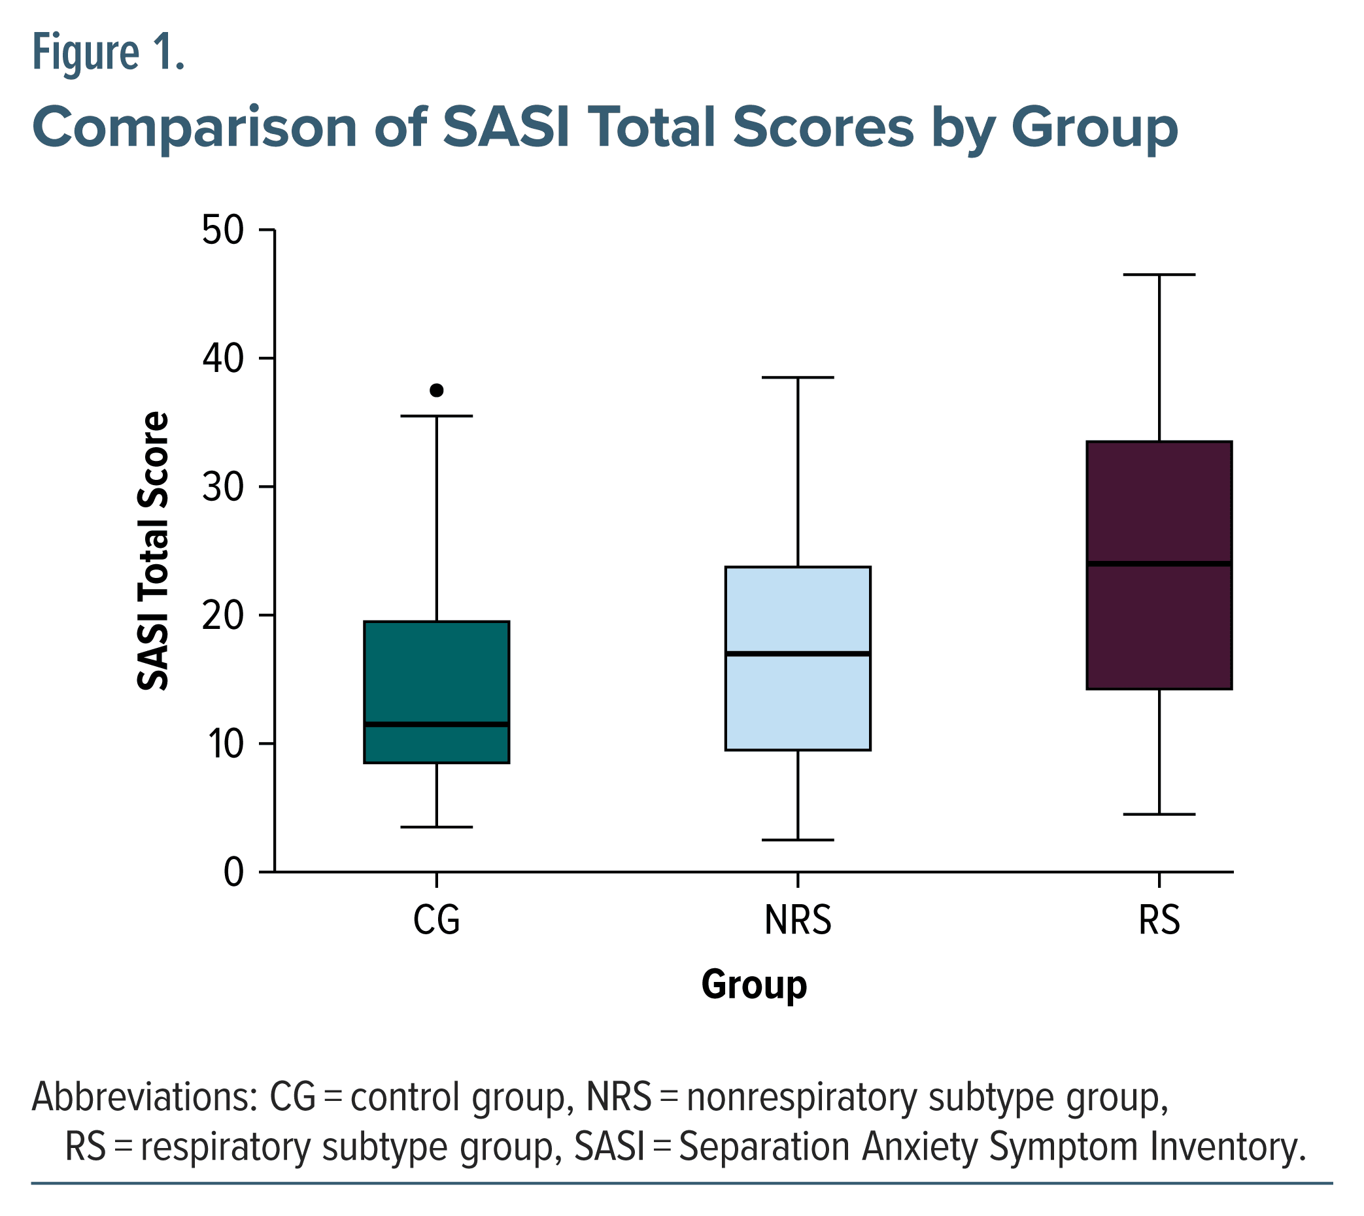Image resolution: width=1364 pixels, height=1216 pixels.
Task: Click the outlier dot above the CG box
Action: pyautogui.click(x=436, y=390)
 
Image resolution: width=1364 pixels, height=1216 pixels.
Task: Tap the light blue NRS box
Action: pyautogui.click(x=798, y=701)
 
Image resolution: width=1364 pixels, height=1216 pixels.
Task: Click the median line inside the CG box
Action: pyautogui.click(x=436, y=724)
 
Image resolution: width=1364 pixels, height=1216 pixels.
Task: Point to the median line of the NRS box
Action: pyautogui.click(x=798, y=653)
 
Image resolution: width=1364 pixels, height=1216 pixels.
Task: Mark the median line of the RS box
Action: pyautogui.click(x=1159, y=564)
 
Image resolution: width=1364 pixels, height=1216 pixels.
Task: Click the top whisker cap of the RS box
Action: pyautogui.click(x=1159, y=275)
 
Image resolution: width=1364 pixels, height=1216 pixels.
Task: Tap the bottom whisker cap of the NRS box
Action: pyautogui.click(x=798, y=840)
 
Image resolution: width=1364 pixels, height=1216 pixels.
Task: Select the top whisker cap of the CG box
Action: pyautogui.click(x=436, y=416)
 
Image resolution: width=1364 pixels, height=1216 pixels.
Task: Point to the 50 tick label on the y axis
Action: pyautogui.click(x=223, y=231)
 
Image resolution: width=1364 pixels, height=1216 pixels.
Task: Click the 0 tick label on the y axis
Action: pyautogui.click(x=233, y=872)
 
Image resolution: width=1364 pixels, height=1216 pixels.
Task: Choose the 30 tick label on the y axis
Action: pyautogui.click(x=223, y=487)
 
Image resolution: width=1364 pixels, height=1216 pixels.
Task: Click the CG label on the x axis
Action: pyautogui.click(x=436, y=920)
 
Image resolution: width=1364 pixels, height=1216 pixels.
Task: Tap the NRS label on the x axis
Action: pyautogui.click(x=798, y=920)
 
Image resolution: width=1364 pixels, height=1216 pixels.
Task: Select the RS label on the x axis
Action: pyautogui.click(x=1159, y=920)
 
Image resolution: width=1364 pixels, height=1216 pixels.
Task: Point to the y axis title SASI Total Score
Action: pyautogui.click(x=153, y=551)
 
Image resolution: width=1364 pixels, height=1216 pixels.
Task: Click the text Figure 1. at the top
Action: pyautogui.click(x=109, y=54)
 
